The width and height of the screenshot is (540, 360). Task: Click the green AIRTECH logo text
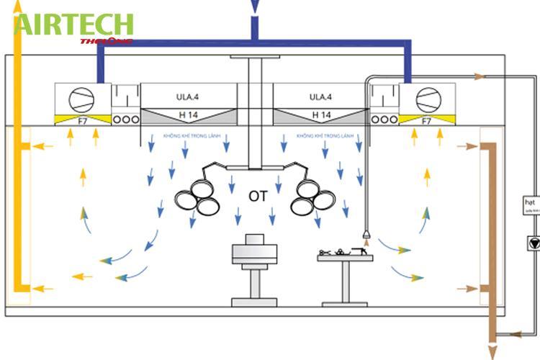73,24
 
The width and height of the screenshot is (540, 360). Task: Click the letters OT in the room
258,196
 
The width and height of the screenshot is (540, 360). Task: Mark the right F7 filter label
426,121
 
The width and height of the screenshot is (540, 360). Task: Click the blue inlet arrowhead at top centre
254,8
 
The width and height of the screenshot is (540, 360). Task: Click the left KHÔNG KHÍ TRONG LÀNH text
192,135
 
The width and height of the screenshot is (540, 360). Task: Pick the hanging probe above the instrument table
367,235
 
